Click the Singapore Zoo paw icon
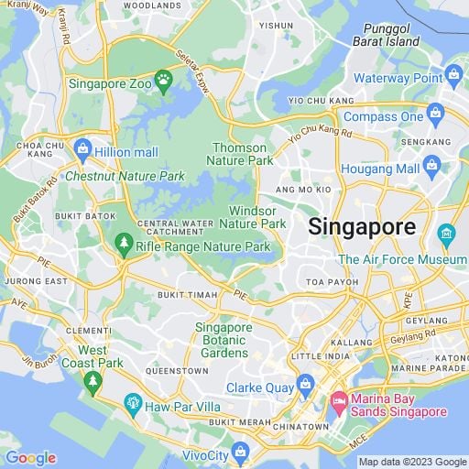pos(164,80)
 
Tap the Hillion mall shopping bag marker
pos(82,147)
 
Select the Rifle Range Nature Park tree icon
pos(123,245)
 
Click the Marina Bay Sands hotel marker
pos(338,400)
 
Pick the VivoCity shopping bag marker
pos(241,451)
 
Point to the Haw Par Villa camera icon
pos(134,403)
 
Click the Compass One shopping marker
pos(435,115)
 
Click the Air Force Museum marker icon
pos(447,234)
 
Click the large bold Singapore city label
pos(361,226)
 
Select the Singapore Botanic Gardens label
pos(224,340)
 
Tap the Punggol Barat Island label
pos(392,35)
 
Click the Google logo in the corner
pos(30,457)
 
